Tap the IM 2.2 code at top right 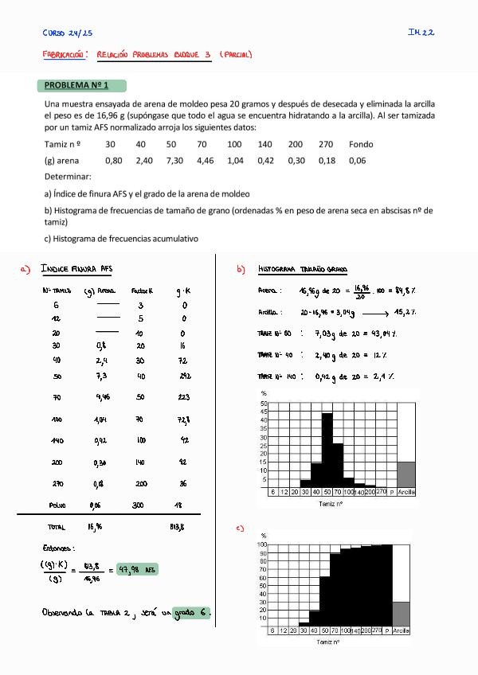click(x=421, y=33)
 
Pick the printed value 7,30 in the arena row click(x=174, y=160)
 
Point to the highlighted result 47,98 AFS click(x=138, y=569)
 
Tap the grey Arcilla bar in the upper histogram click(x=406, y=474)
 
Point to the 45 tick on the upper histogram click(x=263, y=412)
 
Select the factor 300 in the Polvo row click(x=140, y=505)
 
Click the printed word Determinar click(x=68, y=176)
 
